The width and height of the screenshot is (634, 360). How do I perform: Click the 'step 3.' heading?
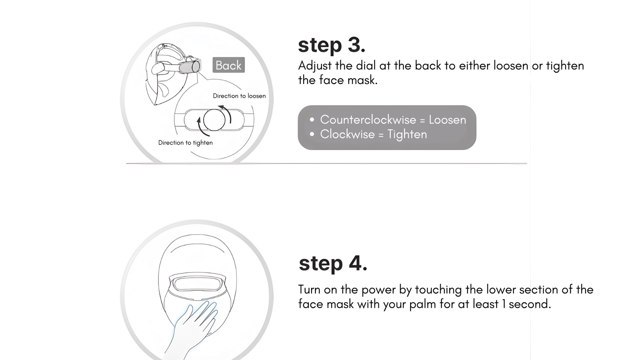(332, 45)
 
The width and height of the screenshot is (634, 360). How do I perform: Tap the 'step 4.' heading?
(333, 263)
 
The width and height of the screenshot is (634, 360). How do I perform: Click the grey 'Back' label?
(229, 65)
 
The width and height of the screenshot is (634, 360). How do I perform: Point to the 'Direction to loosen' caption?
(239, 96)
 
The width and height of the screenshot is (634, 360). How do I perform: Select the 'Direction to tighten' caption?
(185, 143)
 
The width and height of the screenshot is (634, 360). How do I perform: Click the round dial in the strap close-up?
(214, 120)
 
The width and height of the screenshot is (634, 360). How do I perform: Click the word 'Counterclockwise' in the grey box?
(368, 120)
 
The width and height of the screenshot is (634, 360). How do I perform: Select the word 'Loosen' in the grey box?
(447, 120)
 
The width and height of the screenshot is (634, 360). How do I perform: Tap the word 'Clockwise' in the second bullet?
(347, 134)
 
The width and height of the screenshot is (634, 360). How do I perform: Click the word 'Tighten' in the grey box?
(407, 134)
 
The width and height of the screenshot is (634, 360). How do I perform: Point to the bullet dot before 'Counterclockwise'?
(312, 120)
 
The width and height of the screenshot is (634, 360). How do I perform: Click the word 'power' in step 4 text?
(378, 290)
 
